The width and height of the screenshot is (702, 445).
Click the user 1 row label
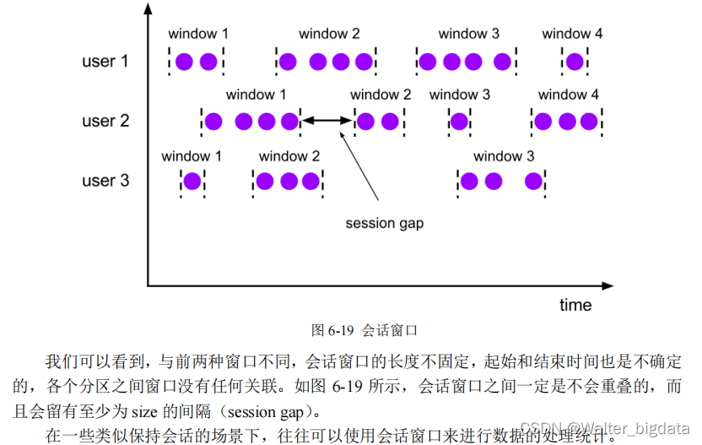(x=105, y=61)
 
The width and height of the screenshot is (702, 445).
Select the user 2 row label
(x=105, y=121)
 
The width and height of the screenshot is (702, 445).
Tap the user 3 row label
(x=105, y=181)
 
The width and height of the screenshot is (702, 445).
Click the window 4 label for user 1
(x=572, y=34)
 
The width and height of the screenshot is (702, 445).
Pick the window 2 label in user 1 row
(x=329, y=34)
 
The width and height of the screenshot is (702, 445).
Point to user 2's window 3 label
(x=460, y=95)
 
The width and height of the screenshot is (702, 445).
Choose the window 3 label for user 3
(x=504, y=156)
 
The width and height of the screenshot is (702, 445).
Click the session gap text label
(x=384, y=224)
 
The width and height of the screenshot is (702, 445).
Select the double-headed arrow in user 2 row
(x=327, y=121)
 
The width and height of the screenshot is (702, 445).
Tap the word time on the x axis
(x=575, y=305)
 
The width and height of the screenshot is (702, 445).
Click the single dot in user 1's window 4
(x=575, y=61)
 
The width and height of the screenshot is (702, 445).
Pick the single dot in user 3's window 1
(x=192, y=181)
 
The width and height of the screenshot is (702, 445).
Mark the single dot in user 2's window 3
(x=458, y=121)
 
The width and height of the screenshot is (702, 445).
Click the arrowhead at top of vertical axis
(x=148, y=8)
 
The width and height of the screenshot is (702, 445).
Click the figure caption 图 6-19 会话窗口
(x=364, y=329)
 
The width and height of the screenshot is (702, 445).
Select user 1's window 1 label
(x=198, y=34)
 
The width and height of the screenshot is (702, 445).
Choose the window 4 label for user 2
(x=569, y=95)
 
